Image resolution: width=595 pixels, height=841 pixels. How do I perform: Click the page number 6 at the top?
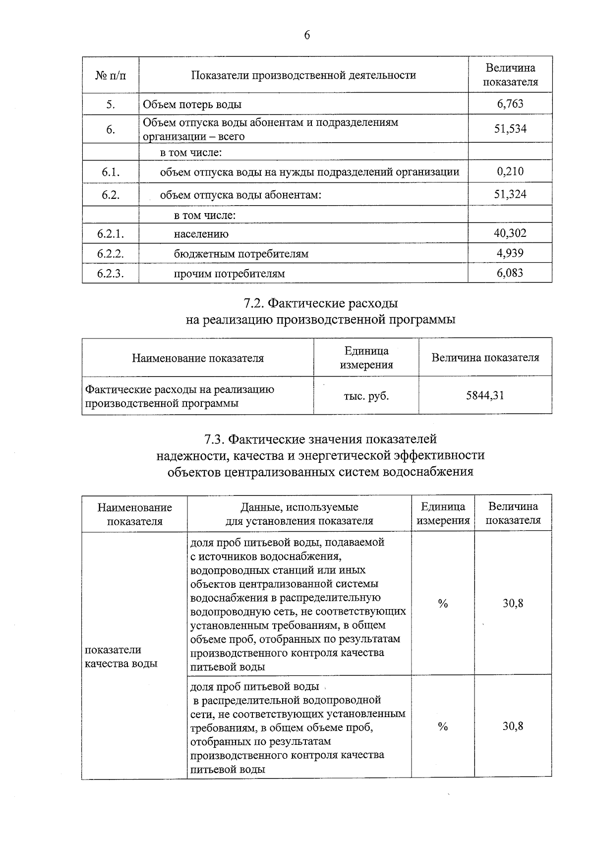307,35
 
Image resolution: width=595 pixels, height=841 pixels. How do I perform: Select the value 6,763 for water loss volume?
510,104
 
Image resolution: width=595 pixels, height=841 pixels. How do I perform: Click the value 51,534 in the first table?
510,129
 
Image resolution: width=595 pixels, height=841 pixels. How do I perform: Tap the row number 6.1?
111,172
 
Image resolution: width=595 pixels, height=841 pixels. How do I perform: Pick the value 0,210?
510,171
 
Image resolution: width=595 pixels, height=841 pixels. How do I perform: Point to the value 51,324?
510,194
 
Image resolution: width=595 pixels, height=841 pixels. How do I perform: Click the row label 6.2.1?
111,233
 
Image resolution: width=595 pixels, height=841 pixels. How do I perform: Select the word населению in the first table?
201,234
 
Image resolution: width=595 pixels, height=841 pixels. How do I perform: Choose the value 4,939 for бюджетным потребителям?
510,253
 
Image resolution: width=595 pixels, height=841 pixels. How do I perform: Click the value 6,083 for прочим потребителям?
510,273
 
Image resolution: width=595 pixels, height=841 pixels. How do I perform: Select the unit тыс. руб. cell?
366,396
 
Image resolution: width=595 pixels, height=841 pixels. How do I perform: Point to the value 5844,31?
485,395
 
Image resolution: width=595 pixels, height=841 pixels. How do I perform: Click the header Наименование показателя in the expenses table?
197,358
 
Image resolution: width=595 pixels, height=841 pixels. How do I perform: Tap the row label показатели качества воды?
121,657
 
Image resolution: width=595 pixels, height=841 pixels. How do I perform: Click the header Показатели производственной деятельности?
303,75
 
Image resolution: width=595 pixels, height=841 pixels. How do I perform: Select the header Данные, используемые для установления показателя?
299,514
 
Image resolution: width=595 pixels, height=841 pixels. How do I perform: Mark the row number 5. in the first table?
111,104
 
